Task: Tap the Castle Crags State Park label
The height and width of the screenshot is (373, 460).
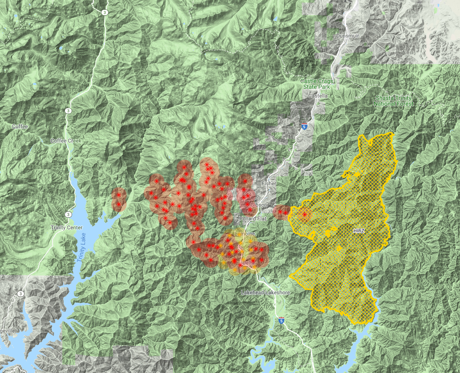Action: (x=316, y=84)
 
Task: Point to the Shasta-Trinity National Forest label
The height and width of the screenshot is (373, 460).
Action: (x=393, y=101)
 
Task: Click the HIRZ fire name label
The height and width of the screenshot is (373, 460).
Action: (x=359, y=231)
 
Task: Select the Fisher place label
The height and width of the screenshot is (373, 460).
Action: (x=269, y=183)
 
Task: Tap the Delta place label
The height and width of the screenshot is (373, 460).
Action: (x=248, y=263)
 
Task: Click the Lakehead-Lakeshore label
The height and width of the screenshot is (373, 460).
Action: (x=265, y=293)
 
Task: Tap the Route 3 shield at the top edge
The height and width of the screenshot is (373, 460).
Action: (x=104, y=12)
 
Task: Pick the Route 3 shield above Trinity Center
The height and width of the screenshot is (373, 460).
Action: (x=68, y=215)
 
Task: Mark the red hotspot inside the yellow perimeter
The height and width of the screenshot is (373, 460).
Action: (x=304, y=215)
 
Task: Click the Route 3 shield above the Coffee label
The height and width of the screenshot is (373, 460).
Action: (x=68, y=111)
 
